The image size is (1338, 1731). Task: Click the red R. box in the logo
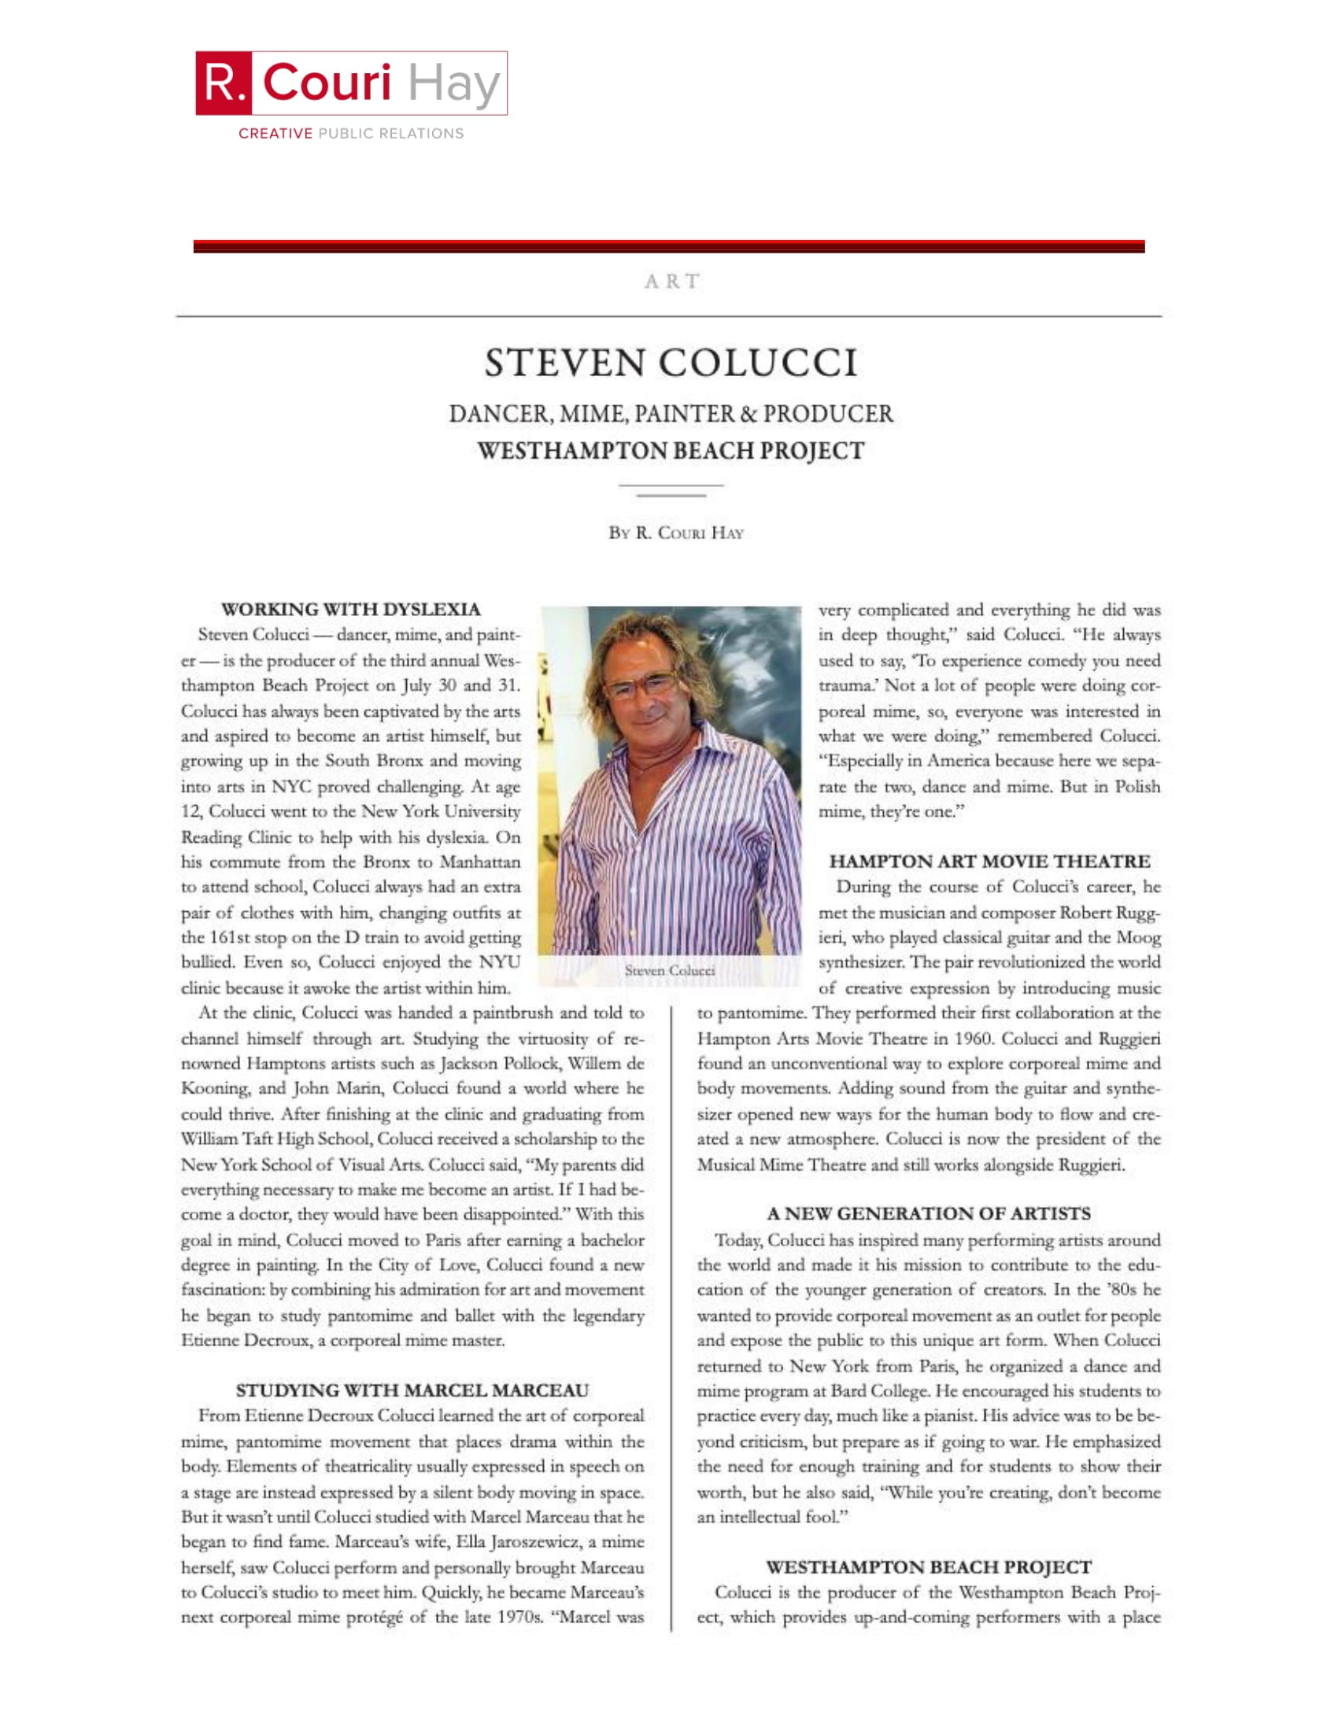tap(224, 83)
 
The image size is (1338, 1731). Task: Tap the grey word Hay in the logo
tap(453, 83)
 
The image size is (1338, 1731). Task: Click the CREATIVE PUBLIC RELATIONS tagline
tap(351, 133)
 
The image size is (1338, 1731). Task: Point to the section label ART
tap(671, 282)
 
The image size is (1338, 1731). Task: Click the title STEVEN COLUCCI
tap(671, 363)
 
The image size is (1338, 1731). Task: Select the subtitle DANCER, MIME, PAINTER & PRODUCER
tap(671, 414)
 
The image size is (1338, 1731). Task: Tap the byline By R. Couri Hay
tap(675, 533)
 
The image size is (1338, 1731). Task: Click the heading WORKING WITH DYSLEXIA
tap(350, 609)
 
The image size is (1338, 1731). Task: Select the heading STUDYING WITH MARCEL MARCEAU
tap(412, 1390)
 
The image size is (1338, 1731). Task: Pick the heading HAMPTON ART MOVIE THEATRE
tap(989, 861)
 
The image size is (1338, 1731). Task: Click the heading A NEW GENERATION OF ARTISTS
tap(928, 1213)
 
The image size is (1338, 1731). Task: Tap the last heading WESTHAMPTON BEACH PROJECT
tap(928, 1567)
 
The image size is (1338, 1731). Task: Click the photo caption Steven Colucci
tap(670, 970)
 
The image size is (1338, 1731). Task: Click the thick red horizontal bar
tap(669, 246)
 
